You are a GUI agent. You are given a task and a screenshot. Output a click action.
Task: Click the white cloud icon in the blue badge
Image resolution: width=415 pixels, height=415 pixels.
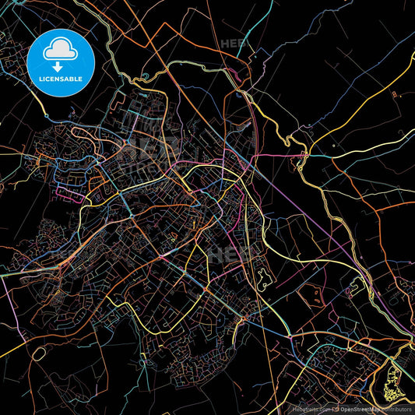click(60, 51)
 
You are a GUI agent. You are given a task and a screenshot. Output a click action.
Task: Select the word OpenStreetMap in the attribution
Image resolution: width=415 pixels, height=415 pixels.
click(360, 408)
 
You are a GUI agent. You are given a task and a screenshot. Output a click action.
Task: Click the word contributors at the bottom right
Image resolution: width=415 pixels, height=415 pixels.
click(397, 408)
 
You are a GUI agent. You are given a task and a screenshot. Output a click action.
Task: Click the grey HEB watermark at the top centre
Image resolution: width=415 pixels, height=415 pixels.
click(234, 44)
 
